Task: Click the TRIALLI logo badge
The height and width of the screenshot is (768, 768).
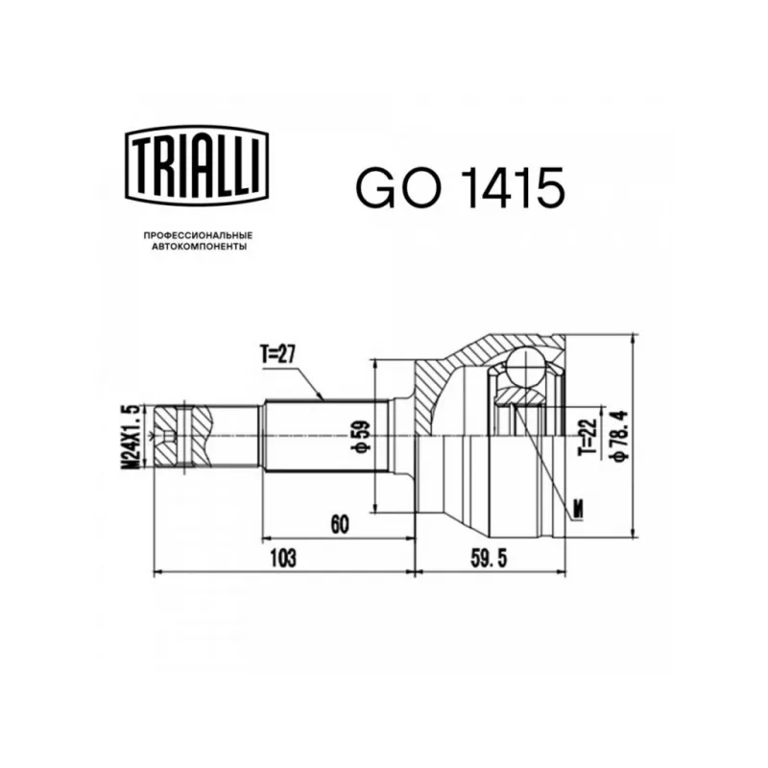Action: (x=198, y=164)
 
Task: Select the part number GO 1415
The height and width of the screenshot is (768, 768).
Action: (x=461, y=186)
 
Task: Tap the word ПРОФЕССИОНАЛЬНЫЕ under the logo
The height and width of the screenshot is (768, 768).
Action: (x=198, y=235)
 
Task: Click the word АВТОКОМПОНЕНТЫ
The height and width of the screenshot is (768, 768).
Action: (x=199, y=247)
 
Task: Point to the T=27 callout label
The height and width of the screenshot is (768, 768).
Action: (x=277, y=354)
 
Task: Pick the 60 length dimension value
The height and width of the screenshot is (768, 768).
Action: (x=341, y=524)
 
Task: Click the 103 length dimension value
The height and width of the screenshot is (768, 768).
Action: (x=283, y=558)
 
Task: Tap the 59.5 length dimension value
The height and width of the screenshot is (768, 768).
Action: (x=489, y=558)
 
